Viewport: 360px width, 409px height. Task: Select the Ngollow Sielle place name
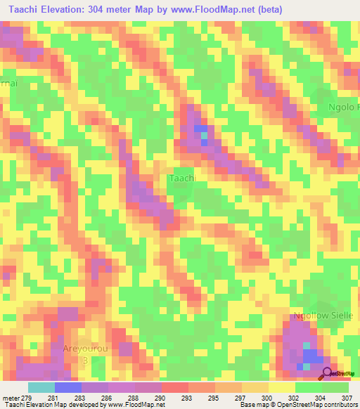pos(327,316)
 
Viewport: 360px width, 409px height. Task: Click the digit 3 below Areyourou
pos(86,360)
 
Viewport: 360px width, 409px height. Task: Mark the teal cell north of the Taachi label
pos(203,134)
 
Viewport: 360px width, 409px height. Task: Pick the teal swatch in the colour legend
pos(41,387)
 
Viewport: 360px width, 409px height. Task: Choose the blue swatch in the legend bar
pos(68,387)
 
